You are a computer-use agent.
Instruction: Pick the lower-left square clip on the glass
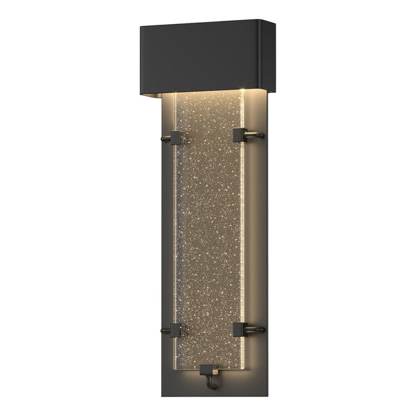pyautogui.click(x=174, y=328)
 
